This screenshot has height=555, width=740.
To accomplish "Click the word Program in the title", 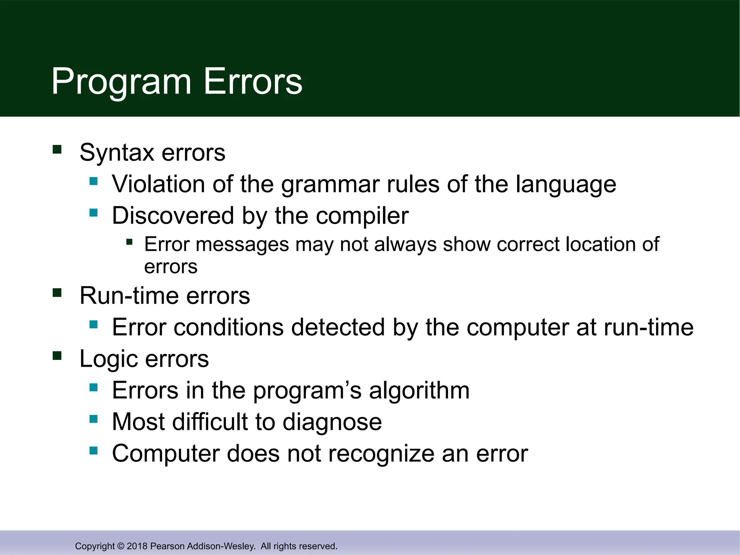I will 121,82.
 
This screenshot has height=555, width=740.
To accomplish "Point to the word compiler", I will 362,216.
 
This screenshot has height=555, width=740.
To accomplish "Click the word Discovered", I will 173,216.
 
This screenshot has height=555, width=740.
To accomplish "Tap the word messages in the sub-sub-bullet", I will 242,244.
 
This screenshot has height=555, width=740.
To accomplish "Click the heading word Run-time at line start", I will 129,296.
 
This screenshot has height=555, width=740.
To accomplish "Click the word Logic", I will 109,359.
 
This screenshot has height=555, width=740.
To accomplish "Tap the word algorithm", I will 419,391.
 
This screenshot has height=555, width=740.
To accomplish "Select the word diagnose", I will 332,422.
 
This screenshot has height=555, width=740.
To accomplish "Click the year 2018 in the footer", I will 137,546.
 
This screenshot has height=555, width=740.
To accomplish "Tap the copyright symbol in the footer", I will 121,546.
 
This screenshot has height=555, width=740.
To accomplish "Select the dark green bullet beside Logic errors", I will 57,356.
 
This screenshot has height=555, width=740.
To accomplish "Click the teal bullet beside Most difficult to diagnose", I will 94,419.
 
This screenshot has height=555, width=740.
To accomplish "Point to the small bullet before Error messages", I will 129,242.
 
